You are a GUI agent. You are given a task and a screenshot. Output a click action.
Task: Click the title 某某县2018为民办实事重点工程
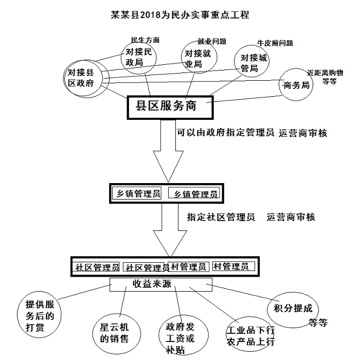click(181, 15)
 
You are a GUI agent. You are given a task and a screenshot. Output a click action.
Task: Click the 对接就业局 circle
click(197, 58)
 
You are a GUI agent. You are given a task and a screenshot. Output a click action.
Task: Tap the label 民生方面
click(145, 40)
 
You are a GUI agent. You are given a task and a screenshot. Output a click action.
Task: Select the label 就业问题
click(212, 41)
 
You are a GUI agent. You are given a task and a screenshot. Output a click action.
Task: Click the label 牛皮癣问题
click(275, 43)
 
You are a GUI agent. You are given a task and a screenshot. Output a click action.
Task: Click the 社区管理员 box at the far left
click(97, 267)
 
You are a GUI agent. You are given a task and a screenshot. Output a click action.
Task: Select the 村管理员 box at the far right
click(231, 266)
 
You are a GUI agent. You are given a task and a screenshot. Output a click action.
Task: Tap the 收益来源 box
click(161, 284)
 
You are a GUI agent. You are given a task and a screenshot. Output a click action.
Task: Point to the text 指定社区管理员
click(221, 217)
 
